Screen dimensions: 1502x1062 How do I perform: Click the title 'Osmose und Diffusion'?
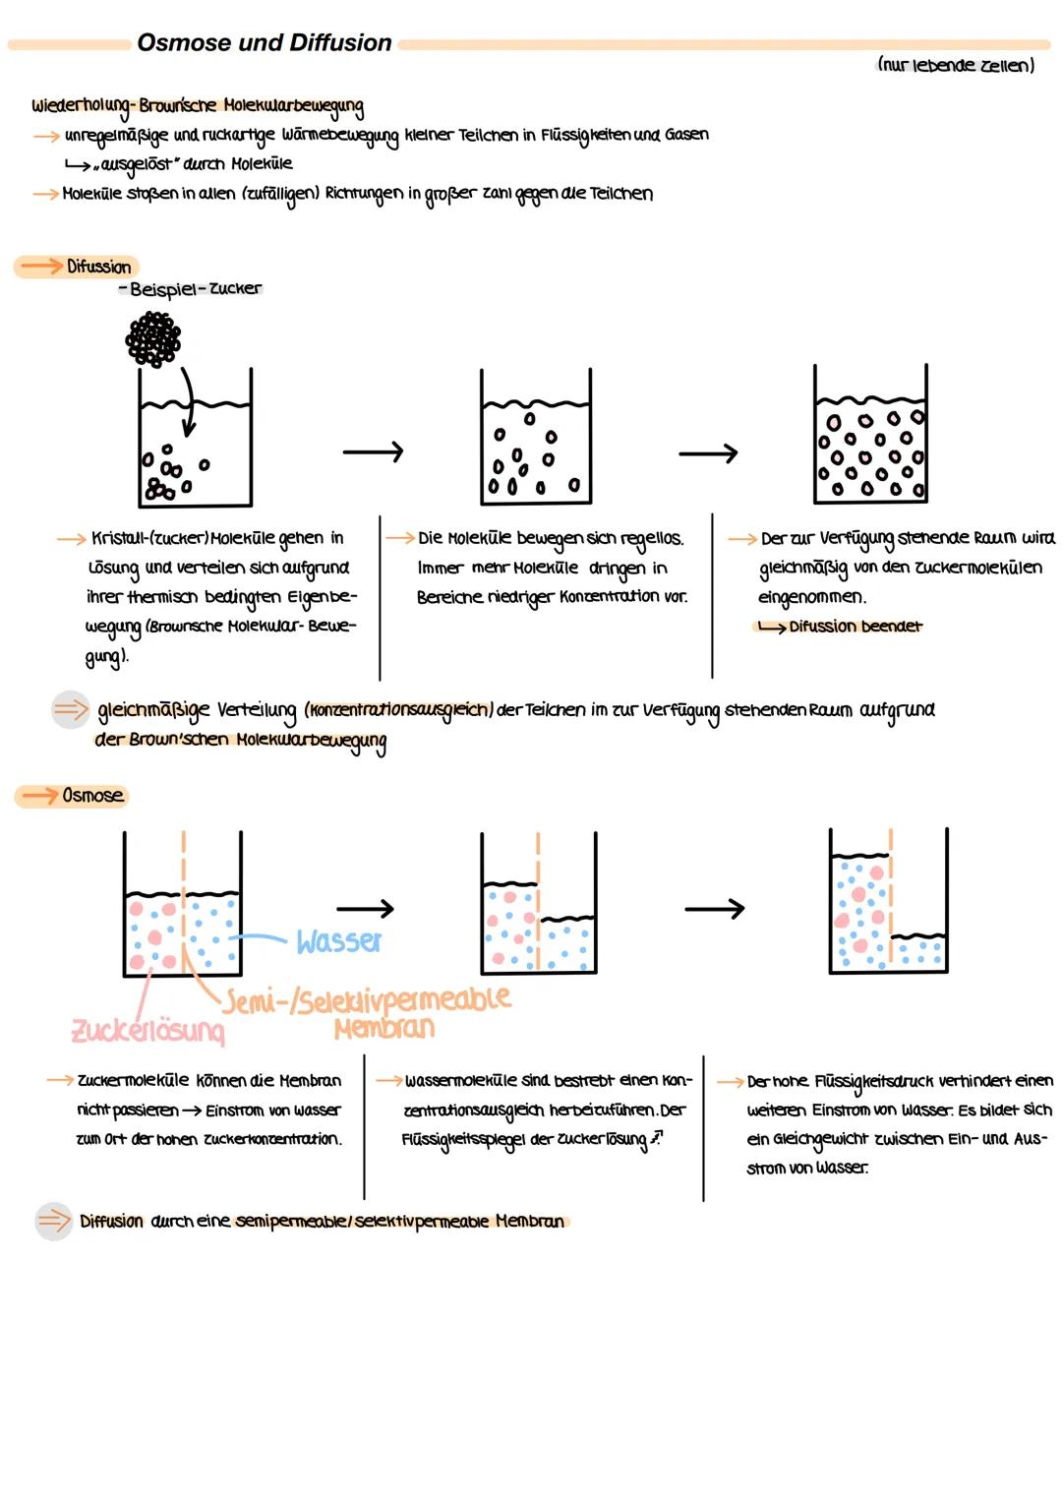coord(264,43)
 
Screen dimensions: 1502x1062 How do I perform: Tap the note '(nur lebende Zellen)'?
coord(955,66)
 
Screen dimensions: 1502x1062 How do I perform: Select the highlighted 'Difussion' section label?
coord(97,267)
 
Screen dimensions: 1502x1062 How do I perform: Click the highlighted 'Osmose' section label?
coord(91,796)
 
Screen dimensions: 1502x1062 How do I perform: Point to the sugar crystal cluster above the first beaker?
coord(153,339)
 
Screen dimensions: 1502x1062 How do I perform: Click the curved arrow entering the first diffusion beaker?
coord(186,403)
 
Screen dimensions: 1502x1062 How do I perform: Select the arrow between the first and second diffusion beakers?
coord(373,452)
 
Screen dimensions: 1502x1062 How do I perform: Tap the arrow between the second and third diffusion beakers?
coord(708,453)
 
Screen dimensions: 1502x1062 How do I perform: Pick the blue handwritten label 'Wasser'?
coord(338,942)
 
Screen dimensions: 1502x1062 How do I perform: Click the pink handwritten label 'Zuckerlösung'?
coord(147,1031)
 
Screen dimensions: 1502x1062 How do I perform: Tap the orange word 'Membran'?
coord(383,1029)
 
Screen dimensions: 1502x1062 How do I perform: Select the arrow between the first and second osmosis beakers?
coord(365,909)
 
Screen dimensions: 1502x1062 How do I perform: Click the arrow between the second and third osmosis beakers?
coord(715,909)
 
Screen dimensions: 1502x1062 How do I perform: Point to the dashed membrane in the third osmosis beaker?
coord(890,895)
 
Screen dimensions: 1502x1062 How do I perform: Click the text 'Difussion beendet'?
coord(855,627)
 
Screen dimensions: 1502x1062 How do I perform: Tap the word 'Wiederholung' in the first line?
coord(81,106)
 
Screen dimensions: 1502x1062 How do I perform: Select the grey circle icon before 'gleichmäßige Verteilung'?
coord(71,709)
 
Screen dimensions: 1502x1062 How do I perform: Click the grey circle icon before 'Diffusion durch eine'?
coord(54,1222)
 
